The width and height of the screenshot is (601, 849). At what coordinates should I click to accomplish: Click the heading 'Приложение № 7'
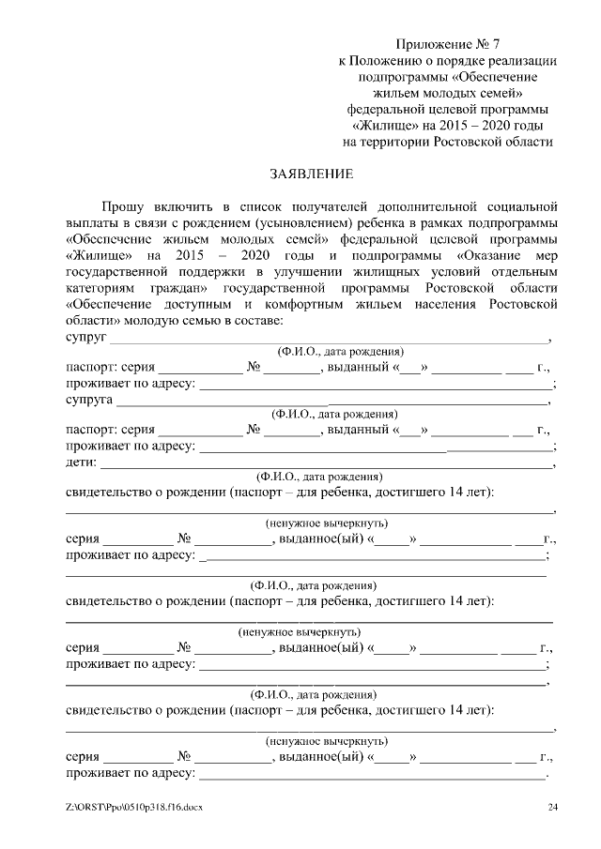[447, 43]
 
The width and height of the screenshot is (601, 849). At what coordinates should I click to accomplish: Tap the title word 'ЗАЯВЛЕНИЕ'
[312, 174]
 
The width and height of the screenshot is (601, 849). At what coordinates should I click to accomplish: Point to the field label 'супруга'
[89, 400]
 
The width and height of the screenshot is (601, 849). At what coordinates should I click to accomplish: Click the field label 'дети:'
[81, 462]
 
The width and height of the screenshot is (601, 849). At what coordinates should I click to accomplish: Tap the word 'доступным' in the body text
[193, 305]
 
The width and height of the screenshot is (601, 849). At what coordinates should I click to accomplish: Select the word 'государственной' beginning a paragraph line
[120, 271]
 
